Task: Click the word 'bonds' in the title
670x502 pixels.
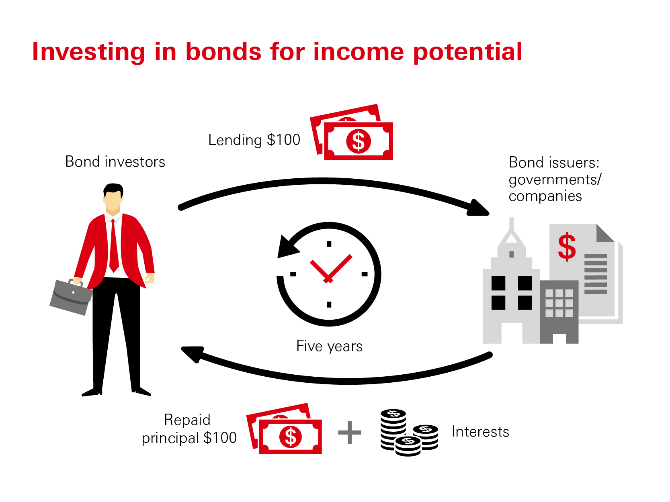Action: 223,51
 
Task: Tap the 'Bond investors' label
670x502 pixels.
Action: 115,161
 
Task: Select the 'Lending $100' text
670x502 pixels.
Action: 254,140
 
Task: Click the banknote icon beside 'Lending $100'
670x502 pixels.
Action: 351,132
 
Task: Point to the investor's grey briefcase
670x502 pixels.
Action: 71,297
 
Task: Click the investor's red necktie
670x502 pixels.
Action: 114,245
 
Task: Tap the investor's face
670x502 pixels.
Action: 113,201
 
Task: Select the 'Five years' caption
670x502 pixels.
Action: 329,346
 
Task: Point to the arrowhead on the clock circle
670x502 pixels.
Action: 287,247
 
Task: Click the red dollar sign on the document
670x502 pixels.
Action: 567,247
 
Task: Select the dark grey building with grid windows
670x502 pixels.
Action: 559,312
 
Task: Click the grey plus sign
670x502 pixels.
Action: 350,433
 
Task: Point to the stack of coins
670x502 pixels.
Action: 409,433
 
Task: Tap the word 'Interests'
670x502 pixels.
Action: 480,432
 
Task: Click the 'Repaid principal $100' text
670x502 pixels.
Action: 189,429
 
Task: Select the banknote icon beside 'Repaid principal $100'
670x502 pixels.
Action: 284,429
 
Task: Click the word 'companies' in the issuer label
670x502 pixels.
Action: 545,196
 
